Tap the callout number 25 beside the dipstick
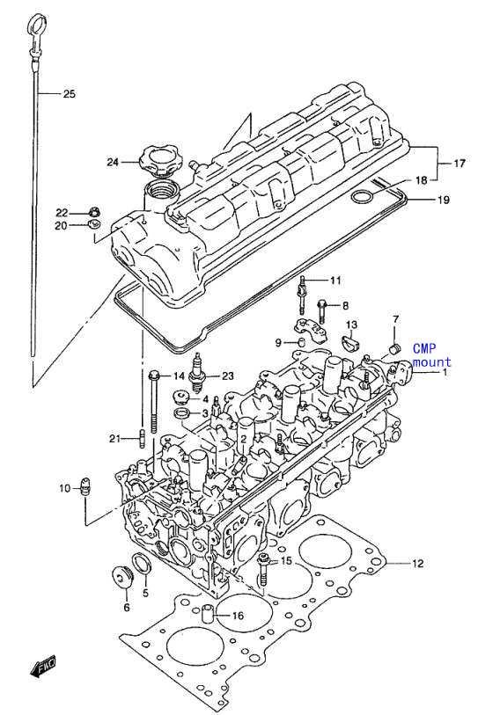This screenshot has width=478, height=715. coord(69,94)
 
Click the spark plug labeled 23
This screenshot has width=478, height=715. coord(197,375)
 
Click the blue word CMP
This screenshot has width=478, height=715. coord(424,349)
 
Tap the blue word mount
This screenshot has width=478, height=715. coord(431,362)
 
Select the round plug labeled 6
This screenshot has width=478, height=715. coord(122,577)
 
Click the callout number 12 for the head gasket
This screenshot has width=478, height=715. coord(418,564)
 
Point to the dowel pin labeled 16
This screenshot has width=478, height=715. coord(208,612)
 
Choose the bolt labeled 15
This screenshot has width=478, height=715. coord(263,569)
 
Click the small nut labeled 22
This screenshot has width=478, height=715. coord(94,212)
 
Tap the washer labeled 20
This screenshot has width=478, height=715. coord(94,224)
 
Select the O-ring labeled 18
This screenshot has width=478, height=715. coord(361,198)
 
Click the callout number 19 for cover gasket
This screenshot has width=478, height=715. coord(444,200)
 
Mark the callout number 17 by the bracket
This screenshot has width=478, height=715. coord(460,163)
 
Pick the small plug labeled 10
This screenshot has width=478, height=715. coord(85,487)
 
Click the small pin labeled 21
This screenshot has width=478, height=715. coord(142,439)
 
